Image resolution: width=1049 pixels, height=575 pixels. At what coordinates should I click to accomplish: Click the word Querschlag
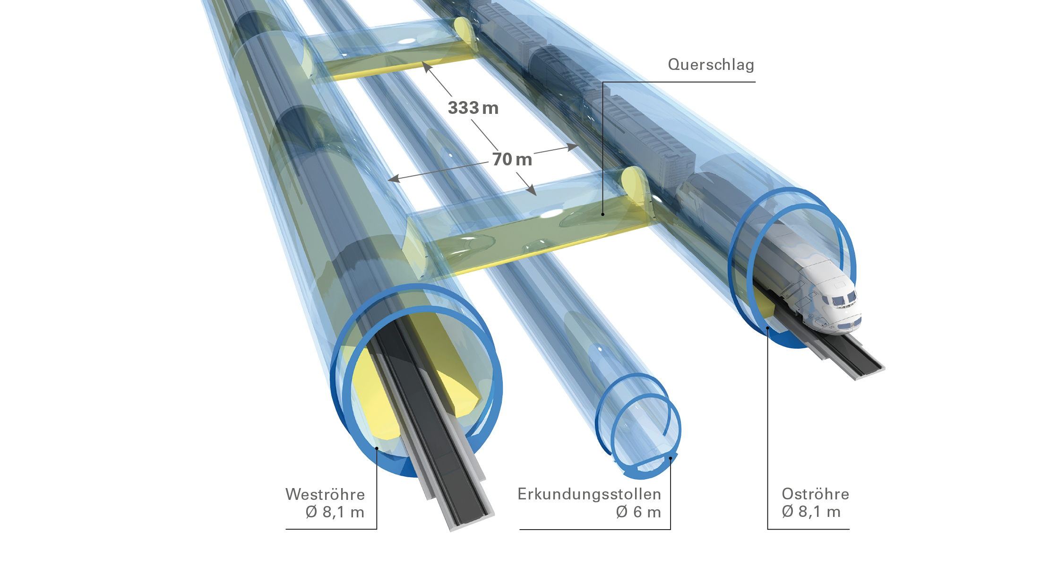coord(711,65)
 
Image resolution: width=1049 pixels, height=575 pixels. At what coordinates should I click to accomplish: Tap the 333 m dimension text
coord(473,108)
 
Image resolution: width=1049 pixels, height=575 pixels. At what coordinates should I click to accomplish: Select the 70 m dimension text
coord(512,160)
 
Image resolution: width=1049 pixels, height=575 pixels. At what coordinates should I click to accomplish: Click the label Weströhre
coord(325,494)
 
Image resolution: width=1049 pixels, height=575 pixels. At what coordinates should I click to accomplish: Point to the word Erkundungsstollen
coord(589,494)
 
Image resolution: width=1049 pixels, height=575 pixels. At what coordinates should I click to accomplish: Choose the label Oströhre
coord(815,494)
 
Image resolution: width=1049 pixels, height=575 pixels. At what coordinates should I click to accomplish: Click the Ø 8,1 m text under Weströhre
coord(335,512)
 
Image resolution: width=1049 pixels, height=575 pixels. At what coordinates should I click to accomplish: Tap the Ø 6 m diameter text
coord(638,512)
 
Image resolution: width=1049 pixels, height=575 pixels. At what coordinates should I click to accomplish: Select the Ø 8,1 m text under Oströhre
coord(811,512)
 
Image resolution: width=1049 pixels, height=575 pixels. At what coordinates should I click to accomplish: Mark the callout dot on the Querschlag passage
coord(603,215)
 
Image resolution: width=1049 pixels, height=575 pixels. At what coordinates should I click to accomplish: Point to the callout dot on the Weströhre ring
coord(377,448)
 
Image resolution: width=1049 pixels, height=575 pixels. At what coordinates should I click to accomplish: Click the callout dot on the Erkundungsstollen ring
coord(671,458)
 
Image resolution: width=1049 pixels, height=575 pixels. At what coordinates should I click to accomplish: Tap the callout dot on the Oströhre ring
coord(768,327)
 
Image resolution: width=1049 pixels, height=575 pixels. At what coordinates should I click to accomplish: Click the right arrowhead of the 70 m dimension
coord(572,147)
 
